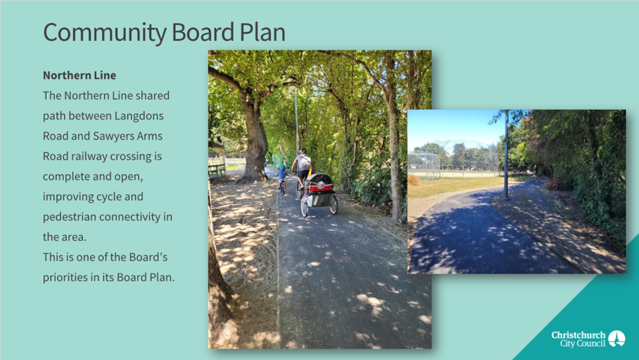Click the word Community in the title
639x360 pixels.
click(x=105, y=32)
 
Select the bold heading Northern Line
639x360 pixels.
click(x=80, y=75)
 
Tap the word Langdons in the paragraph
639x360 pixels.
click(x=139, y=116)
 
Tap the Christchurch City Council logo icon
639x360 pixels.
click(x=617, y=339)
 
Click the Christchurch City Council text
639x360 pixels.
click(x=578, y=339)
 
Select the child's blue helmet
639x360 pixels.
click(x=282, y=168)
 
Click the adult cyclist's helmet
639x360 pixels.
click(x=303, y=151)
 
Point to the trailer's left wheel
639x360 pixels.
click(x=304, y=207)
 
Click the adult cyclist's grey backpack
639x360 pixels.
click(x=304, y=162)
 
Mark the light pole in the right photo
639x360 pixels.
click(x=506, y=155)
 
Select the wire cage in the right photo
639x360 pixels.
click(x=424, y=165)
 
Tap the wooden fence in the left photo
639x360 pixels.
click(x=218, y=166)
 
